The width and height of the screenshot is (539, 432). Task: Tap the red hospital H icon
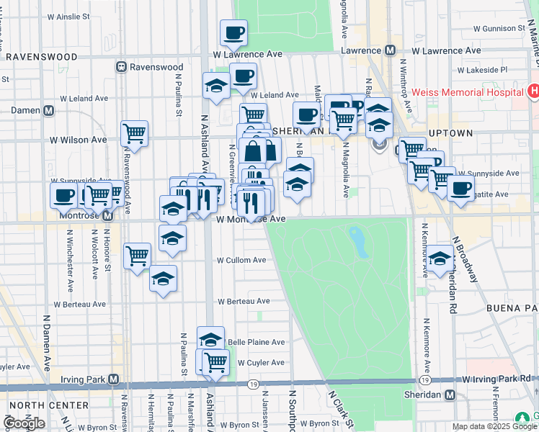point(533,91)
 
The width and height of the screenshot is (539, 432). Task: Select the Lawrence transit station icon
point(390,50)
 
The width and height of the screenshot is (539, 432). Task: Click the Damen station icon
point(48,111)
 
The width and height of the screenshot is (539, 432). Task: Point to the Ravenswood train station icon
point(122,67)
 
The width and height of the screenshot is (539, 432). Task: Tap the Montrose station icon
point(107,215)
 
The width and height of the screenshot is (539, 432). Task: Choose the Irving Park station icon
point(113,379)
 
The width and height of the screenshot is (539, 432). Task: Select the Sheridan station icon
point(450,395)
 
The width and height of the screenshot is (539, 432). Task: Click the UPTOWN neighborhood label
point(451,134)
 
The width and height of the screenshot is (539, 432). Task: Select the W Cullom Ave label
point(242,260)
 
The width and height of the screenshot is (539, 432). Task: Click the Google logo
point(24,423)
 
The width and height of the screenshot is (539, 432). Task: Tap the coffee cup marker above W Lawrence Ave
point(233,32)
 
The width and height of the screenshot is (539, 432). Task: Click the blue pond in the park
point(358,242)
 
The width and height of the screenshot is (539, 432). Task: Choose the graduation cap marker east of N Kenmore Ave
point(440,259)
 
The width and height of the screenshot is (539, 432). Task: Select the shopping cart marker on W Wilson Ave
point(134,133)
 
